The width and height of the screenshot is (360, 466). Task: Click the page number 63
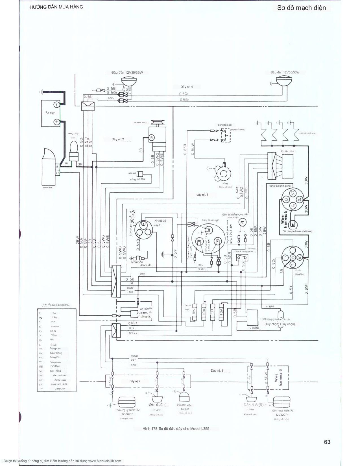click(327, 442)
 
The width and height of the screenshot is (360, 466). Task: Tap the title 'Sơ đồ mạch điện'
click(301, 8)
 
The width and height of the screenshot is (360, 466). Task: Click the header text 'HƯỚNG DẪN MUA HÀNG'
click(56, 7)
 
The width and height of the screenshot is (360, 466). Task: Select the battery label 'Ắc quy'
click(50, 113)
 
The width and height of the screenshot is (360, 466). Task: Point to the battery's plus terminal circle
click(56, 122)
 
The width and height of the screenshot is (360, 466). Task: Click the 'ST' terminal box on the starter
click(58, 173)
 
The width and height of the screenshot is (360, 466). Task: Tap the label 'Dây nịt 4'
click(187, 87)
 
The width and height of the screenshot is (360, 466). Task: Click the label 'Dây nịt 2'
click(118, 139)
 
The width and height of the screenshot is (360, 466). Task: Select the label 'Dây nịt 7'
click(135, 381)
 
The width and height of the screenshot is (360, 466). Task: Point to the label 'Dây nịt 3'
click(217, 371)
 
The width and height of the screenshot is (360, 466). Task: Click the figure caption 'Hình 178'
click(176, 428)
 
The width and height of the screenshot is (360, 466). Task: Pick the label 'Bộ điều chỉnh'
click(287, 152)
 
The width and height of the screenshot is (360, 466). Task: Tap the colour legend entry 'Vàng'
click(54, 335)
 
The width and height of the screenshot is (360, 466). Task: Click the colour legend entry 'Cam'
click(53, 331)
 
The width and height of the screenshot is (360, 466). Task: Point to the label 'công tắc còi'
click(224, 125)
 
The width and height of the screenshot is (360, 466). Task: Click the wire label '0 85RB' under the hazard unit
click(254, 328)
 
